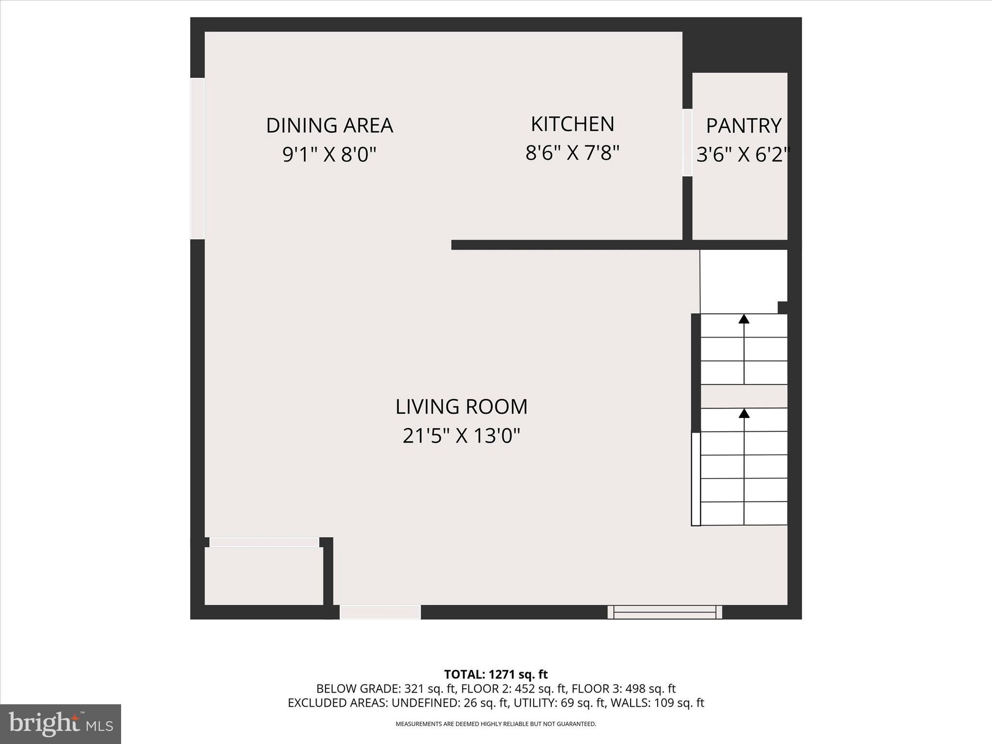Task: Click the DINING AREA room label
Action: pos(329,125)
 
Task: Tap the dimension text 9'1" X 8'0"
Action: pos(329,155)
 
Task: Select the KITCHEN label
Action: pos(573,124)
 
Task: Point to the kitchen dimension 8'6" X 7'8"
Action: pos(573,153)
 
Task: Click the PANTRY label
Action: pos(744,126)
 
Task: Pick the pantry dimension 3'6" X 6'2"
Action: pos(743,155)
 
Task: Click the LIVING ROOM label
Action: pos(461,407)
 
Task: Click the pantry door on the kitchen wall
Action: pos(687,142)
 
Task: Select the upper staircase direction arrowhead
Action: pos(744,319)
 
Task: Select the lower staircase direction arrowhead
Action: pos(744,413)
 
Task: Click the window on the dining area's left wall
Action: pos(197,158)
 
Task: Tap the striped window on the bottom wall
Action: pos(665,612)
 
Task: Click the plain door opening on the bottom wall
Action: pos(380,612)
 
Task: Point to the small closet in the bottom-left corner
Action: pos(263,576)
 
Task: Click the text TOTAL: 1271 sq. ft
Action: pos(496,674)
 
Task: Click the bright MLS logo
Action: pos(61,724)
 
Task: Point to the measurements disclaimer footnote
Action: pos(496,724)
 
